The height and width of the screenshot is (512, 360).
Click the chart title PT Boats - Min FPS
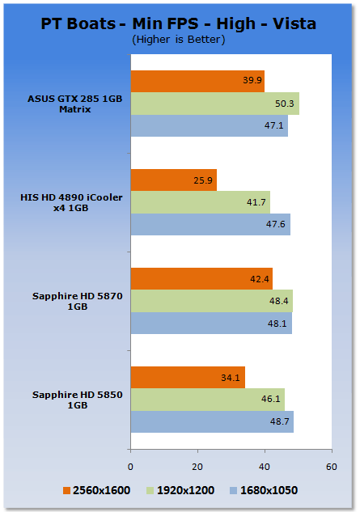(x=120, y=23)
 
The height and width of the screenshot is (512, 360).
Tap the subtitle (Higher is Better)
(x=178, y=40)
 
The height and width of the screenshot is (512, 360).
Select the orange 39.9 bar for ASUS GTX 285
(x=197, y=82)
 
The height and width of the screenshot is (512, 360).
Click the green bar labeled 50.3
(x=215, y=104)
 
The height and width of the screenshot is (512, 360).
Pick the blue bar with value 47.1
(x=210, y=125)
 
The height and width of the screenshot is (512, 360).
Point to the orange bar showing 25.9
(x=174, y=180)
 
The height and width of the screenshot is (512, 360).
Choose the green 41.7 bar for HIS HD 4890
(x=201, y=202)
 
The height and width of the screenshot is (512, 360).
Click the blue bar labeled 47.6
(x=210, y=224)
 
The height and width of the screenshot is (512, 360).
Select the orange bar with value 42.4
(x=201, y=278)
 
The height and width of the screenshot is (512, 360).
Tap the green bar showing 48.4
(x=212, y=301)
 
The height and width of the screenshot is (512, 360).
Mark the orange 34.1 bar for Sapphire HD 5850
(x=188, y=377)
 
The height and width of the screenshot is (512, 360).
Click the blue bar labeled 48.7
(x=212, y=421)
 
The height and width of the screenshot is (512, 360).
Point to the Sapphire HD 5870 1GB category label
(x=78, y=301)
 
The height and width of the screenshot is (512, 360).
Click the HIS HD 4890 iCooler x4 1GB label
(x=71, y=202)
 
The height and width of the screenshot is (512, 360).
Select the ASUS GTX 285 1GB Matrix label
(x=74, y=104)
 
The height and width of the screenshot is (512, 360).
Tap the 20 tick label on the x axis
(x=197, y=467)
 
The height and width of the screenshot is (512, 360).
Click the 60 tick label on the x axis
(x=331, y=467)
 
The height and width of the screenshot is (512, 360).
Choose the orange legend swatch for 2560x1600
(x=66, y=490)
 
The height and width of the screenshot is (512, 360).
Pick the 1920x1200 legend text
(x=185, y=490)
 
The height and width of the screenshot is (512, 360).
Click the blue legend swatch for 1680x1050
(x=233, y=490)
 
